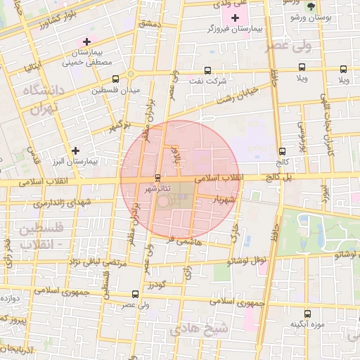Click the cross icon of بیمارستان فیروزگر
[235, 17]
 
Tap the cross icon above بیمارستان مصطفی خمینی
[86, 41]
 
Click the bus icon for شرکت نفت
[207, 70]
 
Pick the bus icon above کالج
[282, 150]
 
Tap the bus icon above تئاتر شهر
[156, 177]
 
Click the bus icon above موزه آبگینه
[307, 314]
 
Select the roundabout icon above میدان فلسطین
[130, 75]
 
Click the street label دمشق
[150, 24]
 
